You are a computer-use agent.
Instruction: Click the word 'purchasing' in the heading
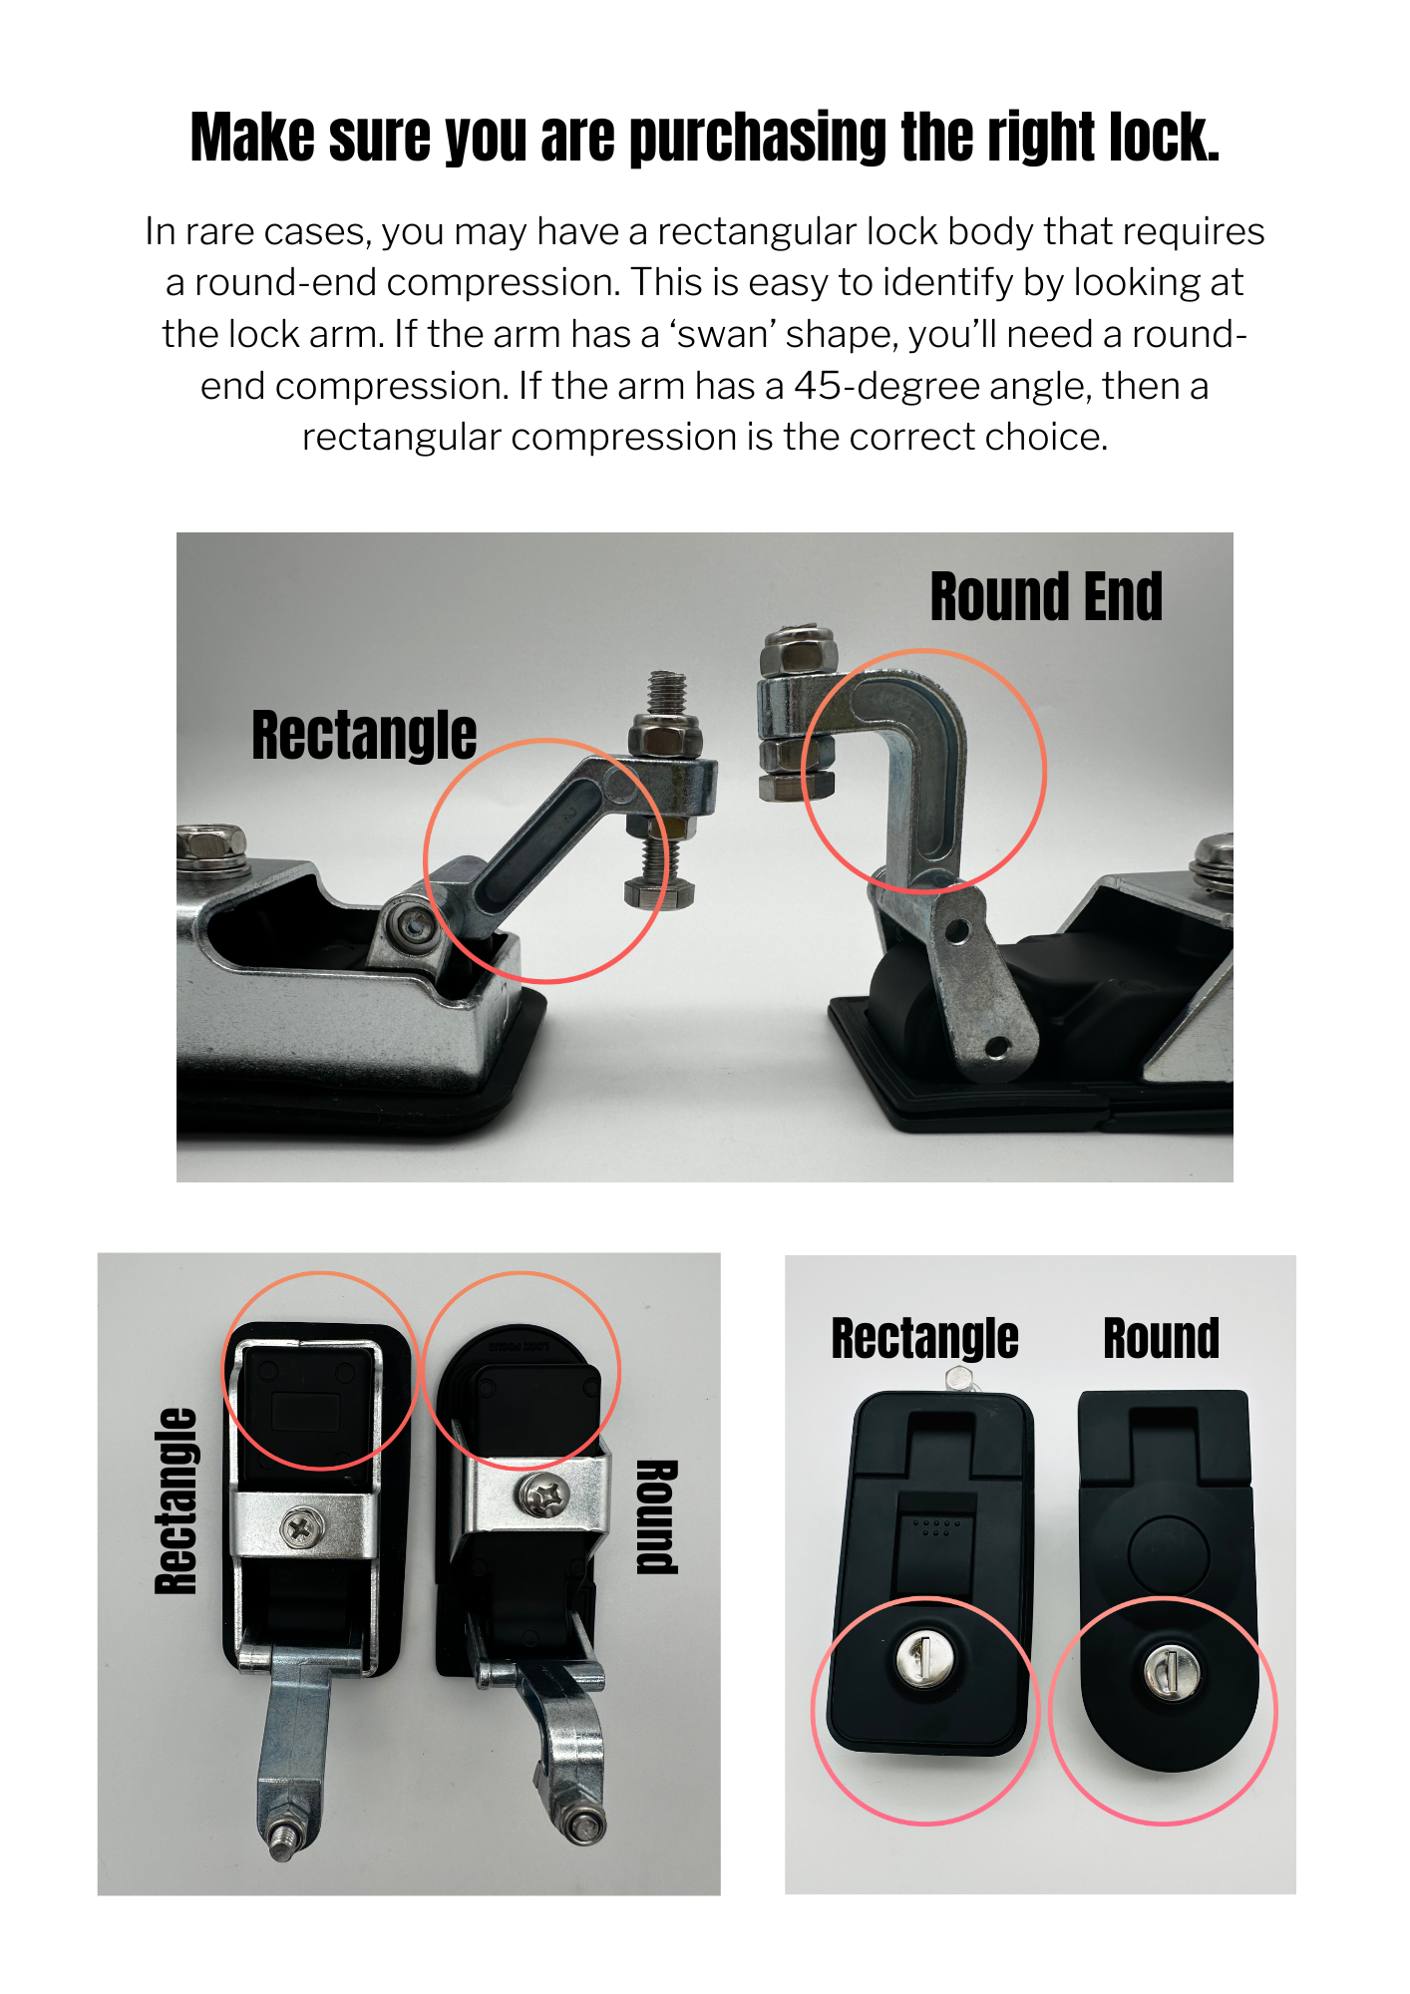point(757,138)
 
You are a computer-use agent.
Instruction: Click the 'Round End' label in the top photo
point(1045,596)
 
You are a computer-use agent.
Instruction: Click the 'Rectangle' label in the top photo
point(364,735)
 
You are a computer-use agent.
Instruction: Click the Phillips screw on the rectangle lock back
point(297,1527)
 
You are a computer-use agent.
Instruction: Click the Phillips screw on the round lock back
point(542,1495)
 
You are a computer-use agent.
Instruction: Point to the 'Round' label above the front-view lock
point(1161,1338)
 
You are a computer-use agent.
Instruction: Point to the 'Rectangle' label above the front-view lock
point(924,1338)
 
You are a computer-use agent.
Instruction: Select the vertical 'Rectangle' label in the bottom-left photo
point(176,1500)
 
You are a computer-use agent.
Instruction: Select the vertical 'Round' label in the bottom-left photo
point(657,1515)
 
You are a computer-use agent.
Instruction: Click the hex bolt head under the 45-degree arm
point(657,892)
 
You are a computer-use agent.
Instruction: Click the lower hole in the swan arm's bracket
point(995,1047)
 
